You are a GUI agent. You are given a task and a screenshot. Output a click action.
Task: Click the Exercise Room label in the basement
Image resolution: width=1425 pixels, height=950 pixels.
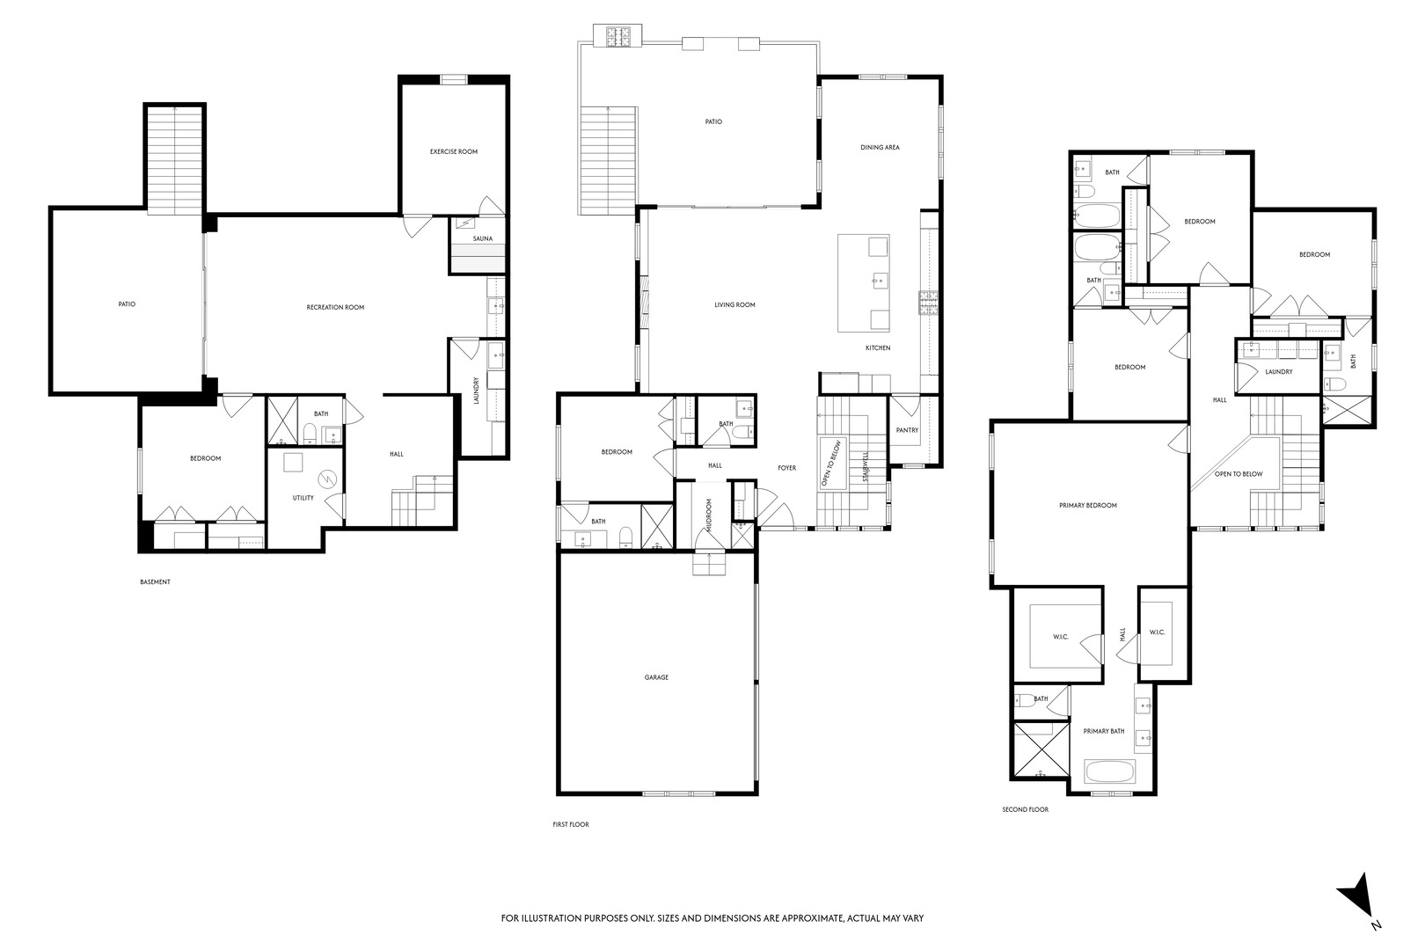(453, 151)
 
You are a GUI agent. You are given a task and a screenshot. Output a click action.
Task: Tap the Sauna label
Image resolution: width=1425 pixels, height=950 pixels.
(482, 238)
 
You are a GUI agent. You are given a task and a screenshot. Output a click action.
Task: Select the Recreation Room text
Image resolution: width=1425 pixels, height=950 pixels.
(335, 307)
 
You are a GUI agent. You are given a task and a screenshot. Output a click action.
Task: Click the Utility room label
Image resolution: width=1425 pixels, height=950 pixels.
(303, 498)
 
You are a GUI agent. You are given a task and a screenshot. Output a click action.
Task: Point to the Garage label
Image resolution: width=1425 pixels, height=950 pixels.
(656, 677)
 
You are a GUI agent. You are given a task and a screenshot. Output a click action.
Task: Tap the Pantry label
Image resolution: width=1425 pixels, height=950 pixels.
(907, 430)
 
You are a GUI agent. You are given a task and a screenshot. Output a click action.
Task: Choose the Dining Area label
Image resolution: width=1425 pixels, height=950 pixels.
(880, 147)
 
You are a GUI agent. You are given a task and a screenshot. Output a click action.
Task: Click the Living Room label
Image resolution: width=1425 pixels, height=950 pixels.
(734, 305)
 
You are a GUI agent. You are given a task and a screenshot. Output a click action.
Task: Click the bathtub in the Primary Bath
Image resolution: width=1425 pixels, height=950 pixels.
(1111, 771)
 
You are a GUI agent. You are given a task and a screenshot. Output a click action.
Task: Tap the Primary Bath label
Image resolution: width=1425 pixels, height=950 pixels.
(1104, 731)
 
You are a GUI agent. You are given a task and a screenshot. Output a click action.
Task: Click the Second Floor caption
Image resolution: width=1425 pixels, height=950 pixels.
(1025, 809)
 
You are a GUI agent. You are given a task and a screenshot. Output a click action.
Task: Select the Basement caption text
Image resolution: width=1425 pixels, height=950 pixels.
(155, 581)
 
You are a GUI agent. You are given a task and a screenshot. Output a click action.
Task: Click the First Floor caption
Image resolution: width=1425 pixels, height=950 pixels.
(570, 824)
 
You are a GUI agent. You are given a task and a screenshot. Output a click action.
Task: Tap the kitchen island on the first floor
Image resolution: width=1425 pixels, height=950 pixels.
(863, 283)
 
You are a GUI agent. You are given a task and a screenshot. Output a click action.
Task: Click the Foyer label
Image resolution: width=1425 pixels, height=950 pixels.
(786, 467)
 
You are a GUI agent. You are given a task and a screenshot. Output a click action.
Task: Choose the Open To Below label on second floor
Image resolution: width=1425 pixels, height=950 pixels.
(1239, 474)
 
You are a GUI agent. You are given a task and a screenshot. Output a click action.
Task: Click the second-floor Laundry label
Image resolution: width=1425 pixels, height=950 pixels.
(1279, 371)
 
